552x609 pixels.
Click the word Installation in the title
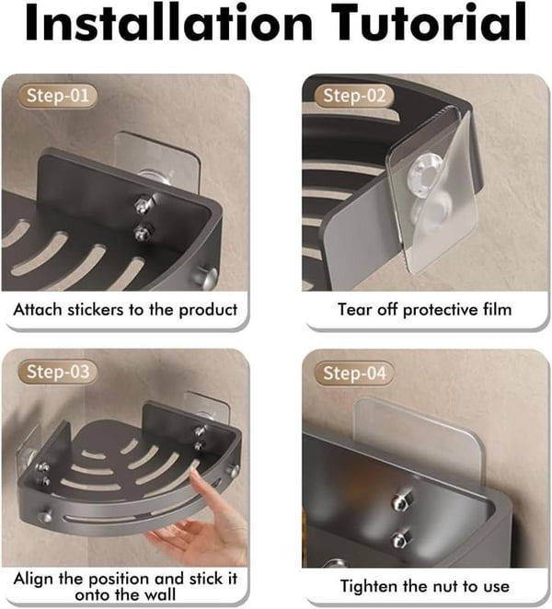tap(168, 23)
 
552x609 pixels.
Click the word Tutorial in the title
tap(429, 23)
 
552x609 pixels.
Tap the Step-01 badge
tap(57, 96)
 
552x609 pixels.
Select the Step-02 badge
tap(354, 96)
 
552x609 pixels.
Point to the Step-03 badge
tap(57, 372)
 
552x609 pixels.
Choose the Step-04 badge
tap(354, 373)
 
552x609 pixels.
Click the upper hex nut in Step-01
tap(144, 204)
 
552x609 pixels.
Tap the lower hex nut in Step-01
tap(144, 232)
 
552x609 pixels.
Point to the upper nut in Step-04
tap(401, 501)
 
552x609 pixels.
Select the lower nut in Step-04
tap(399, 539)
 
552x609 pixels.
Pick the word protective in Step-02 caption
tap(440, 310)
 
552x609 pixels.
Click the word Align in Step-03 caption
tap(33, 579)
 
